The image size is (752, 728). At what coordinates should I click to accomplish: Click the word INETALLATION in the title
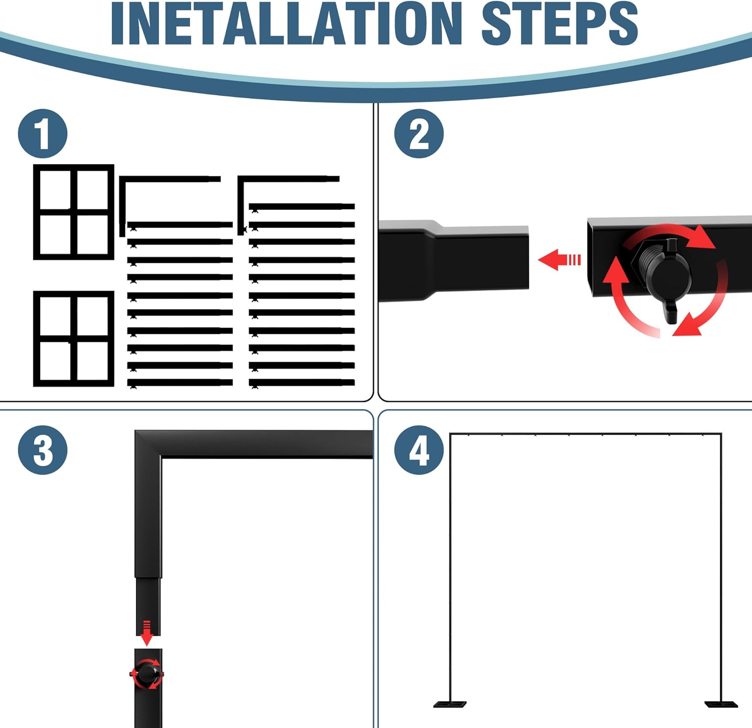click(286, 24)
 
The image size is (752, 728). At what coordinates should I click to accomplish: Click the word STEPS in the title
click(559, 24)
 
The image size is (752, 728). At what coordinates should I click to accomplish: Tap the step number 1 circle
click(43, 134)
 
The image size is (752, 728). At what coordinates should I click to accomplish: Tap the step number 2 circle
click(419, 134)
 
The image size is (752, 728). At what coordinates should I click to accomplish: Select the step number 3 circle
click(43, 450)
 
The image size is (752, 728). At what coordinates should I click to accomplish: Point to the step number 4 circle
click(419, 450)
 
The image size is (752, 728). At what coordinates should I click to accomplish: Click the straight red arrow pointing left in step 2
click(559, 260)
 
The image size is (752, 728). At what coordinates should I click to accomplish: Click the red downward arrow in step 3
click(146, 633)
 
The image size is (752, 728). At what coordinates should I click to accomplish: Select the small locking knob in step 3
click(147, 673)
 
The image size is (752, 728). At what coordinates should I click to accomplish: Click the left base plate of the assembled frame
click(450, 704)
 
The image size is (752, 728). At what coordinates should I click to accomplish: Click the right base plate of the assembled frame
click(721, 704)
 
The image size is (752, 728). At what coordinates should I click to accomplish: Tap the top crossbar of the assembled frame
click(586, 434)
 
